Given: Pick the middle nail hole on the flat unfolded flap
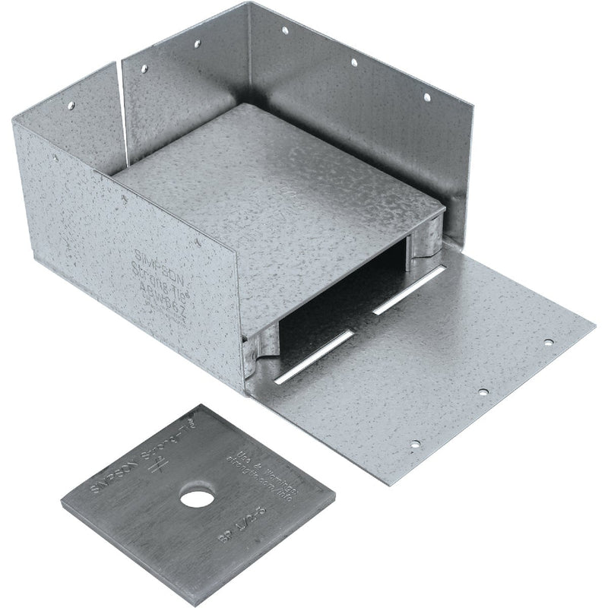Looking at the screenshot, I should click(x=482, y=392).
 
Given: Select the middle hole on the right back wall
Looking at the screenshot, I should click(x=353, y=61).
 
